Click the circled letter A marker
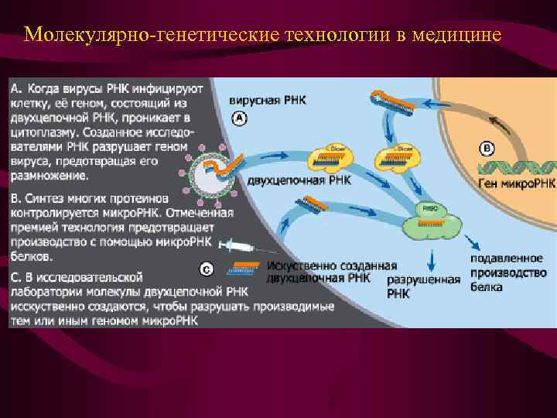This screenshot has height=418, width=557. point(240,118)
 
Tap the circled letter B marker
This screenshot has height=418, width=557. point(488,148)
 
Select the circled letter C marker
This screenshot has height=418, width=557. point(207,269)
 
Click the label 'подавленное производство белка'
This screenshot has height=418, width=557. point(508,272)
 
